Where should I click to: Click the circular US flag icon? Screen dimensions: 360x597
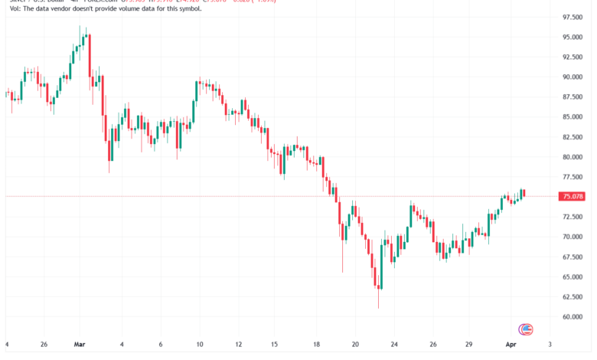526,330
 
